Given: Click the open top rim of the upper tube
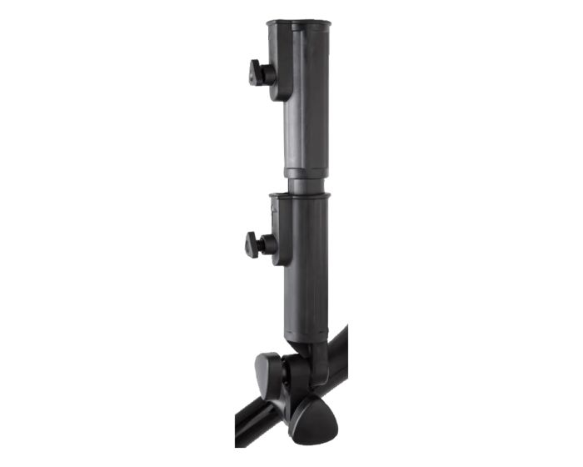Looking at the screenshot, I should click(297, 26).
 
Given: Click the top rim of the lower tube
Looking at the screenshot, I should click(299, 197).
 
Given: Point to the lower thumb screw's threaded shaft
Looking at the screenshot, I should click(267, 246).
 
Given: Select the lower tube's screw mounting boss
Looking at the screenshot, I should click(281, 246).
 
